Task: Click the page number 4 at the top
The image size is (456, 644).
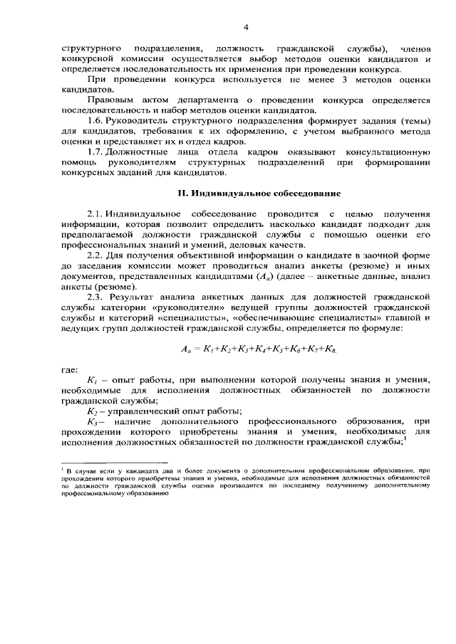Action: tap(245, 28)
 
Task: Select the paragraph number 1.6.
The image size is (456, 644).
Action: tap(96, 122)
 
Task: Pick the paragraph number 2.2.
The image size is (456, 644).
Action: tap(96, 255)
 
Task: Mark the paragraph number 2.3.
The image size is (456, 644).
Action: tap(96, 295)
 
